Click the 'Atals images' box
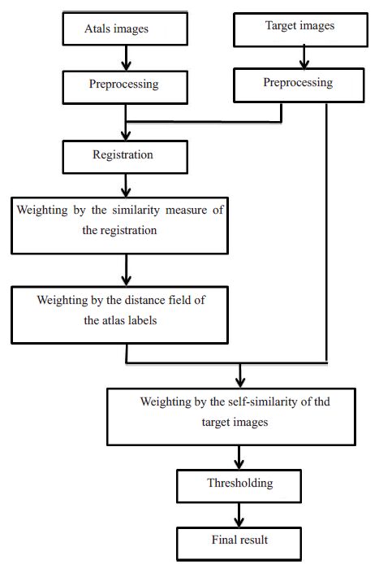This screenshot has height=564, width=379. click(x=125, y=28)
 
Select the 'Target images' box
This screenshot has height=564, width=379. click(x=300, y=30)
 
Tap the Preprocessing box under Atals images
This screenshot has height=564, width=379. click(x=125, y=88)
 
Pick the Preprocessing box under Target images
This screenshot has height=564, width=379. click(x=299, y=85)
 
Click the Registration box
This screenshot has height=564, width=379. click(x=125, y=157)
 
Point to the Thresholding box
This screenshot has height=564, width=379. click(x=239, y=486)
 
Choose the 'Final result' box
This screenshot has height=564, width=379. click(x=239, y=544)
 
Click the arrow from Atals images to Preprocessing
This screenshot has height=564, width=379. click(x=126, y=58)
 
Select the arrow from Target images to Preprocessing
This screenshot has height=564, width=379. click(x=304, y=57)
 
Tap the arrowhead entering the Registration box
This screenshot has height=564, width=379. click(x=126, y=136)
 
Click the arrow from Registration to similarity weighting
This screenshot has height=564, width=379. click(x=126, y=185)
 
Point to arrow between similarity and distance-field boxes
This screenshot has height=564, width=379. click(x=126, y=270)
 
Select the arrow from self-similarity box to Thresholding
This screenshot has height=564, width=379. click(x=239, y=458)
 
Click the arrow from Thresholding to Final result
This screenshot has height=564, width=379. click(x=239, y=515)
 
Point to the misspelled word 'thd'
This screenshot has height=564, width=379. click(x=322, y=401)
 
